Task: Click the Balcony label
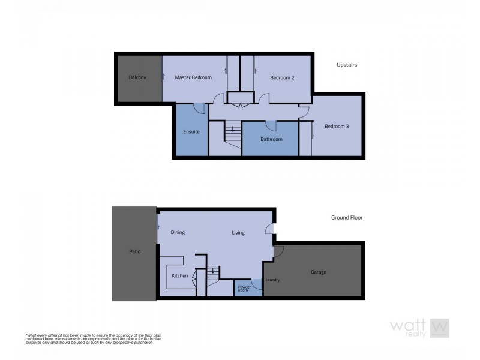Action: [137, 77]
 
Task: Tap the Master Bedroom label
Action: [193, 77]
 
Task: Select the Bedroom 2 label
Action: [281, 77]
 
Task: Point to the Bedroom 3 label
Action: [337, 126]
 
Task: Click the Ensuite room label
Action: [191, 131]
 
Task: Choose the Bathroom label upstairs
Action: [271, 139]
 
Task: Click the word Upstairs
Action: [347, 65]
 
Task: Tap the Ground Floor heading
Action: [347, 218]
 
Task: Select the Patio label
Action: [134, 251]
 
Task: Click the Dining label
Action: [178, 232]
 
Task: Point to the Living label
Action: [238, 232]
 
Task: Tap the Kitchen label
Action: [180, 275]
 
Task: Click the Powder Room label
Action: [244, 288]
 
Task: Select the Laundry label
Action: [273, 280]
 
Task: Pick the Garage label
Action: [318, 272]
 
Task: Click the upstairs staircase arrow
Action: [233, 128]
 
